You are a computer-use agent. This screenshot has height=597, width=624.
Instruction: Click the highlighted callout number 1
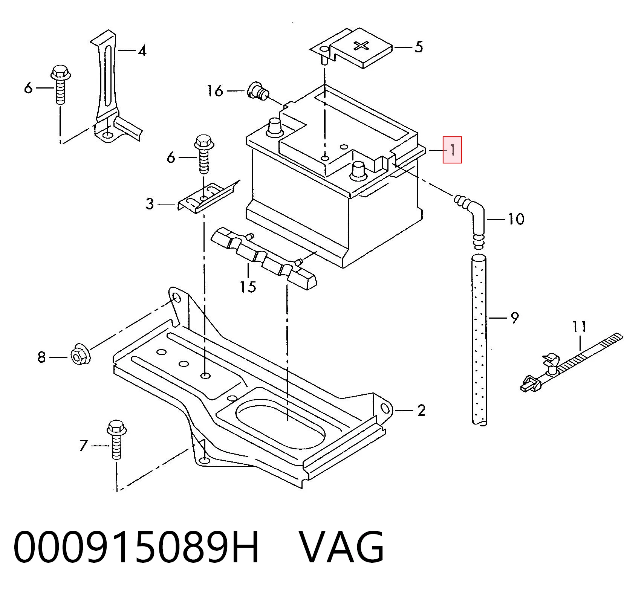(452, 150)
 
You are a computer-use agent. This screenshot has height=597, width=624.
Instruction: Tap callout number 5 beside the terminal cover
(419, 47)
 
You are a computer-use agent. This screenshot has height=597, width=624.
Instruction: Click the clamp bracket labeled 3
(207, 198)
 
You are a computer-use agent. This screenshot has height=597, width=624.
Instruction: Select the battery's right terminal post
(358, 170)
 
